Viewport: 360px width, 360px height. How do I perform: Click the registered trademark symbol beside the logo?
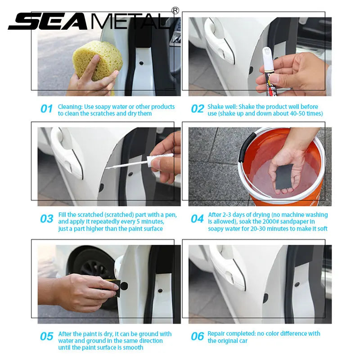pos(175,10)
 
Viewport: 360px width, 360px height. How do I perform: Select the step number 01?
pos(47,109)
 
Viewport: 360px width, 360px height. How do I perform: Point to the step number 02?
pos(197,109)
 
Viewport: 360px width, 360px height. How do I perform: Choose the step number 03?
pos(47,219)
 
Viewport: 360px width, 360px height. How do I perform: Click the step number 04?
pos(197,219)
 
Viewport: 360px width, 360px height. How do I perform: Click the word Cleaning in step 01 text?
pos(70,107)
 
